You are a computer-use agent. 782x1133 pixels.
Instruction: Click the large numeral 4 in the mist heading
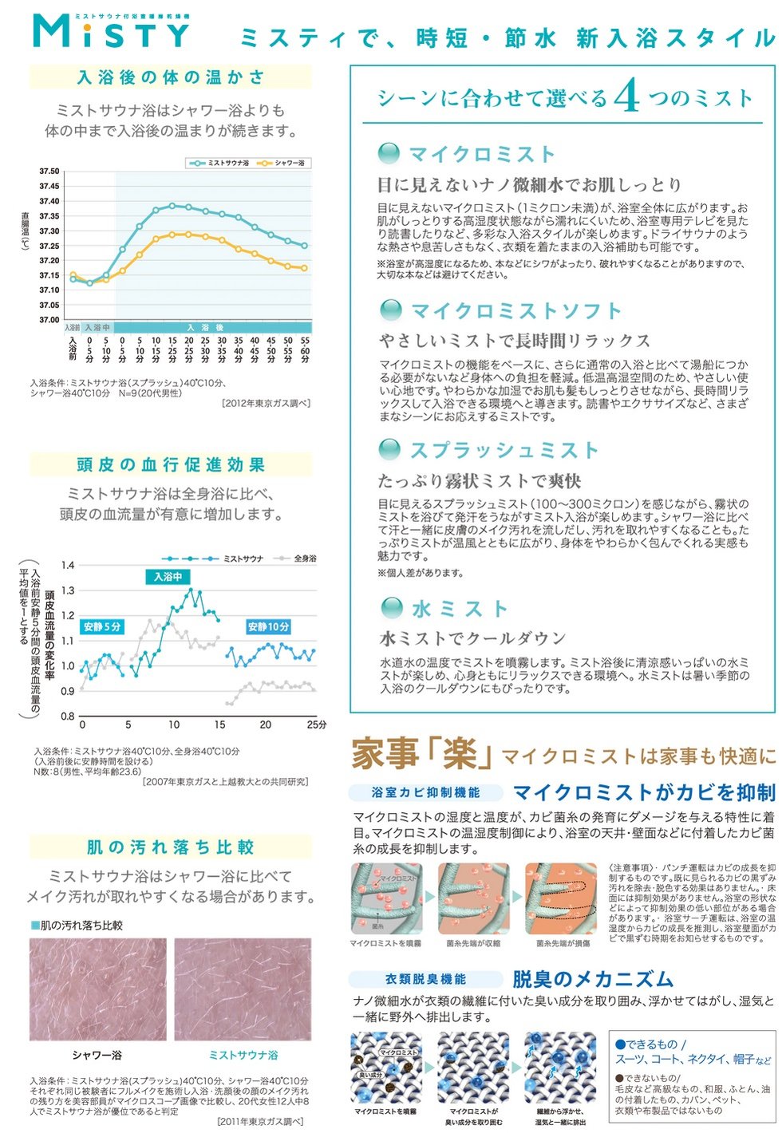627,97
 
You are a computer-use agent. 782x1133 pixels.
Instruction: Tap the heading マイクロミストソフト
515,310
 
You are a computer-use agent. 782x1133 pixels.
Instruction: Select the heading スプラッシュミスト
504,450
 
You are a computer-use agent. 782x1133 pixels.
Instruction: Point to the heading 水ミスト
460,609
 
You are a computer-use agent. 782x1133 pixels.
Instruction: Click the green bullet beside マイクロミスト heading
389,153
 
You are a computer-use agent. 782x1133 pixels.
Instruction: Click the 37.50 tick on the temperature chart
49,172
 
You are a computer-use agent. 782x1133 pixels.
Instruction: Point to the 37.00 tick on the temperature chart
49,320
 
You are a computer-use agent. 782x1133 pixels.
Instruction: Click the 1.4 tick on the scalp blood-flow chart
68,566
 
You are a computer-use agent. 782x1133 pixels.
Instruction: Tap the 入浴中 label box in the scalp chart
168,576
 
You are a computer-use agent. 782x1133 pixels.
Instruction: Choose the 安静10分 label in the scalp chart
268,627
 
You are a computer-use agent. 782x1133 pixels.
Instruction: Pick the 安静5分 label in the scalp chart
102,627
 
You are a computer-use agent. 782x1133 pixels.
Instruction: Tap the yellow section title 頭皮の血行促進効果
171,464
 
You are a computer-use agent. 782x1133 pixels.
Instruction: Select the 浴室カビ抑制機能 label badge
426,792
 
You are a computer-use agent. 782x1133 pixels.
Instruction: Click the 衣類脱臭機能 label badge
426,979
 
